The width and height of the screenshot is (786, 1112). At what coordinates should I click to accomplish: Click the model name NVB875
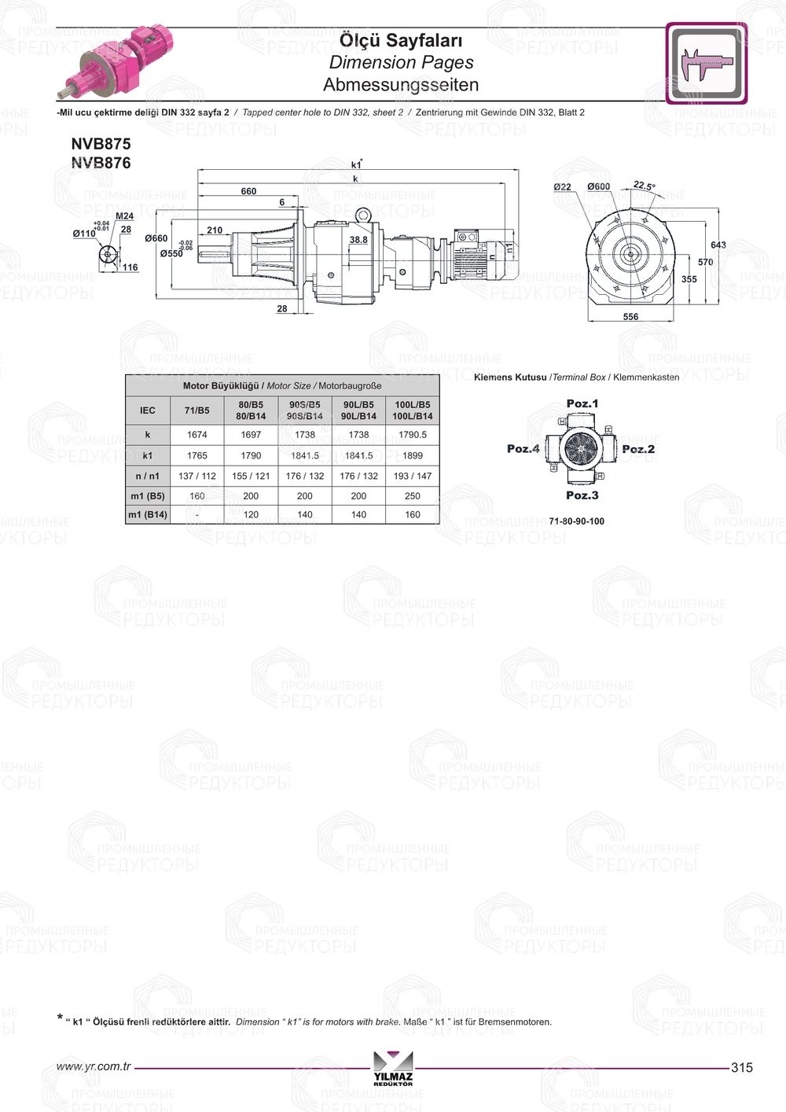tap(101, 144)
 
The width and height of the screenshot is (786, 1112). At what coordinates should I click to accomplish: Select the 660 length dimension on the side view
tap(248, 191)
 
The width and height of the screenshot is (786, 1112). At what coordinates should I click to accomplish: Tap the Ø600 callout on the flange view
tap(598, 186)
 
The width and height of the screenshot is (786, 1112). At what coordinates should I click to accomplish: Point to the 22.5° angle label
tap(644, 186)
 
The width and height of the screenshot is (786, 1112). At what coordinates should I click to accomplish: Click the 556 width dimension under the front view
tap(630, 316)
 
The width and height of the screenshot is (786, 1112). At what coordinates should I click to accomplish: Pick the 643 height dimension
tap(718, 245)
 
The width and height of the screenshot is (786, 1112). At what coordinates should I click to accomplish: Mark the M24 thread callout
tap(124, 216)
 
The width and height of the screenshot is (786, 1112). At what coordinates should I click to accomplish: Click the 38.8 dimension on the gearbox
tap(358, 240)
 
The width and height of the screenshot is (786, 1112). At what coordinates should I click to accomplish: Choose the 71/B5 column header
tap(197, 411)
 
